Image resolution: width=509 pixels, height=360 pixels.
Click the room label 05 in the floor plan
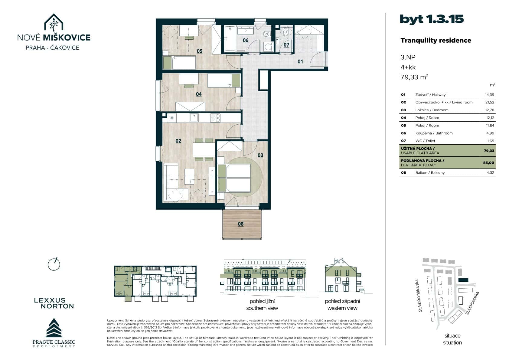pyautogui.click(x=199, y=51)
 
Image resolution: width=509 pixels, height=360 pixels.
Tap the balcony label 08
pyautogui.click(x=240, y=224)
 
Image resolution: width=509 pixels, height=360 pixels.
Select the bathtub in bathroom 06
pyautogui.click(x=230, y=38)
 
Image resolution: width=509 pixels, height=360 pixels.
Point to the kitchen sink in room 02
pyautogui.click(x=194, y=117)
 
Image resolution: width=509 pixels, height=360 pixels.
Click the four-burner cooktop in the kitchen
pyautogui.click(x=215, y=117)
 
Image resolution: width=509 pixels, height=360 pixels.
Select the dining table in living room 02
pyautogui.click(x=204, y=149)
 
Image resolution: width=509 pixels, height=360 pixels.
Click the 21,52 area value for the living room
pyautogui.click(x=489, y=102)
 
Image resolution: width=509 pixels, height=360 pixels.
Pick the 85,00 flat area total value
pyautogui.click(x=488, y=163)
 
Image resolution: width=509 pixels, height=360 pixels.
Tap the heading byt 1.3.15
pyautogui.click(x=432, y=19)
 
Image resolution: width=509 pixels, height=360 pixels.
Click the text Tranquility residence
pyautogui.click(x=436, y=41)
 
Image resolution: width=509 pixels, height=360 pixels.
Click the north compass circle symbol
pyautogui.click(x=54, y=264)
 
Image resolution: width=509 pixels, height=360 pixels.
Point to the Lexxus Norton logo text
pyautogui.click(x=54, y=303)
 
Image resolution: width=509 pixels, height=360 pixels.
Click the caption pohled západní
pyautogui.click(x=342, y=301)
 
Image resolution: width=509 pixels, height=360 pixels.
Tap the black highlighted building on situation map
pyautogui.click(x=463, y=280)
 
